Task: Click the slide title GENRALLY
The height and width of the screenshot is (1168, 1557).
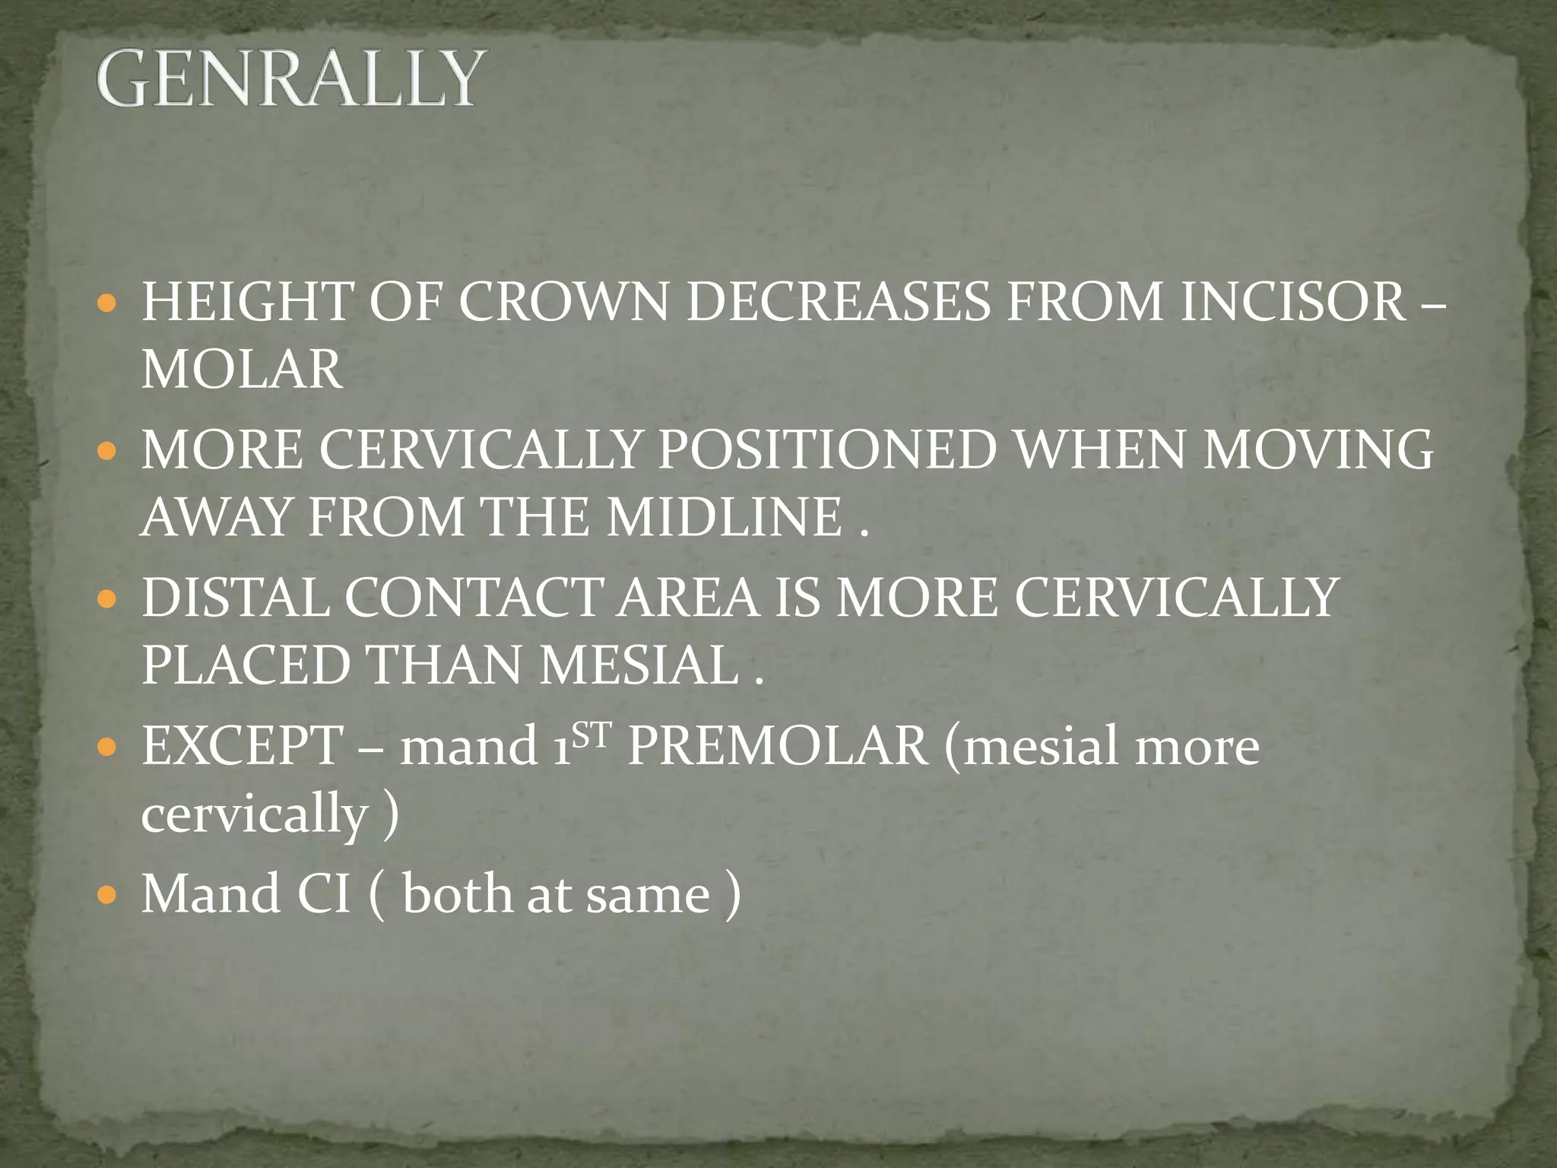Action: click(x=289, y=79)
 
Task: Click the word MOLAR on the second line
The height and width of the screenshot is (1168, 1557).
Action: click(x=242, y=370)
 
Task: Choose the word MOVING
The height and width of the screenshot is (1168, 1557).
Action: click(x=1318, y=449)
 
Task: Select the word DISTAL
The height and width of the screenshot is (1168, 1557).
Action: click(x=235, y=597)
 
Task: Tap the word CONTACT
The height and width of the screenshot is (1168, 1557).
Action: click(x=474, y=597)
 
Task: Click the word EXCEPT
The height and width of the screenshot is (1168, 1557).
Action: click(x=243, y=746)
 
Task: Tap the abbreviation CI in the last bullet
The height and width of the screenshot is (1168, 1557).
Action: click(x=323, y=893)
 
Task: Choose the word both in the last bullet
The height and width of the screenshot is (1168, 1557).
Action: click(x=457, y=893)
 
